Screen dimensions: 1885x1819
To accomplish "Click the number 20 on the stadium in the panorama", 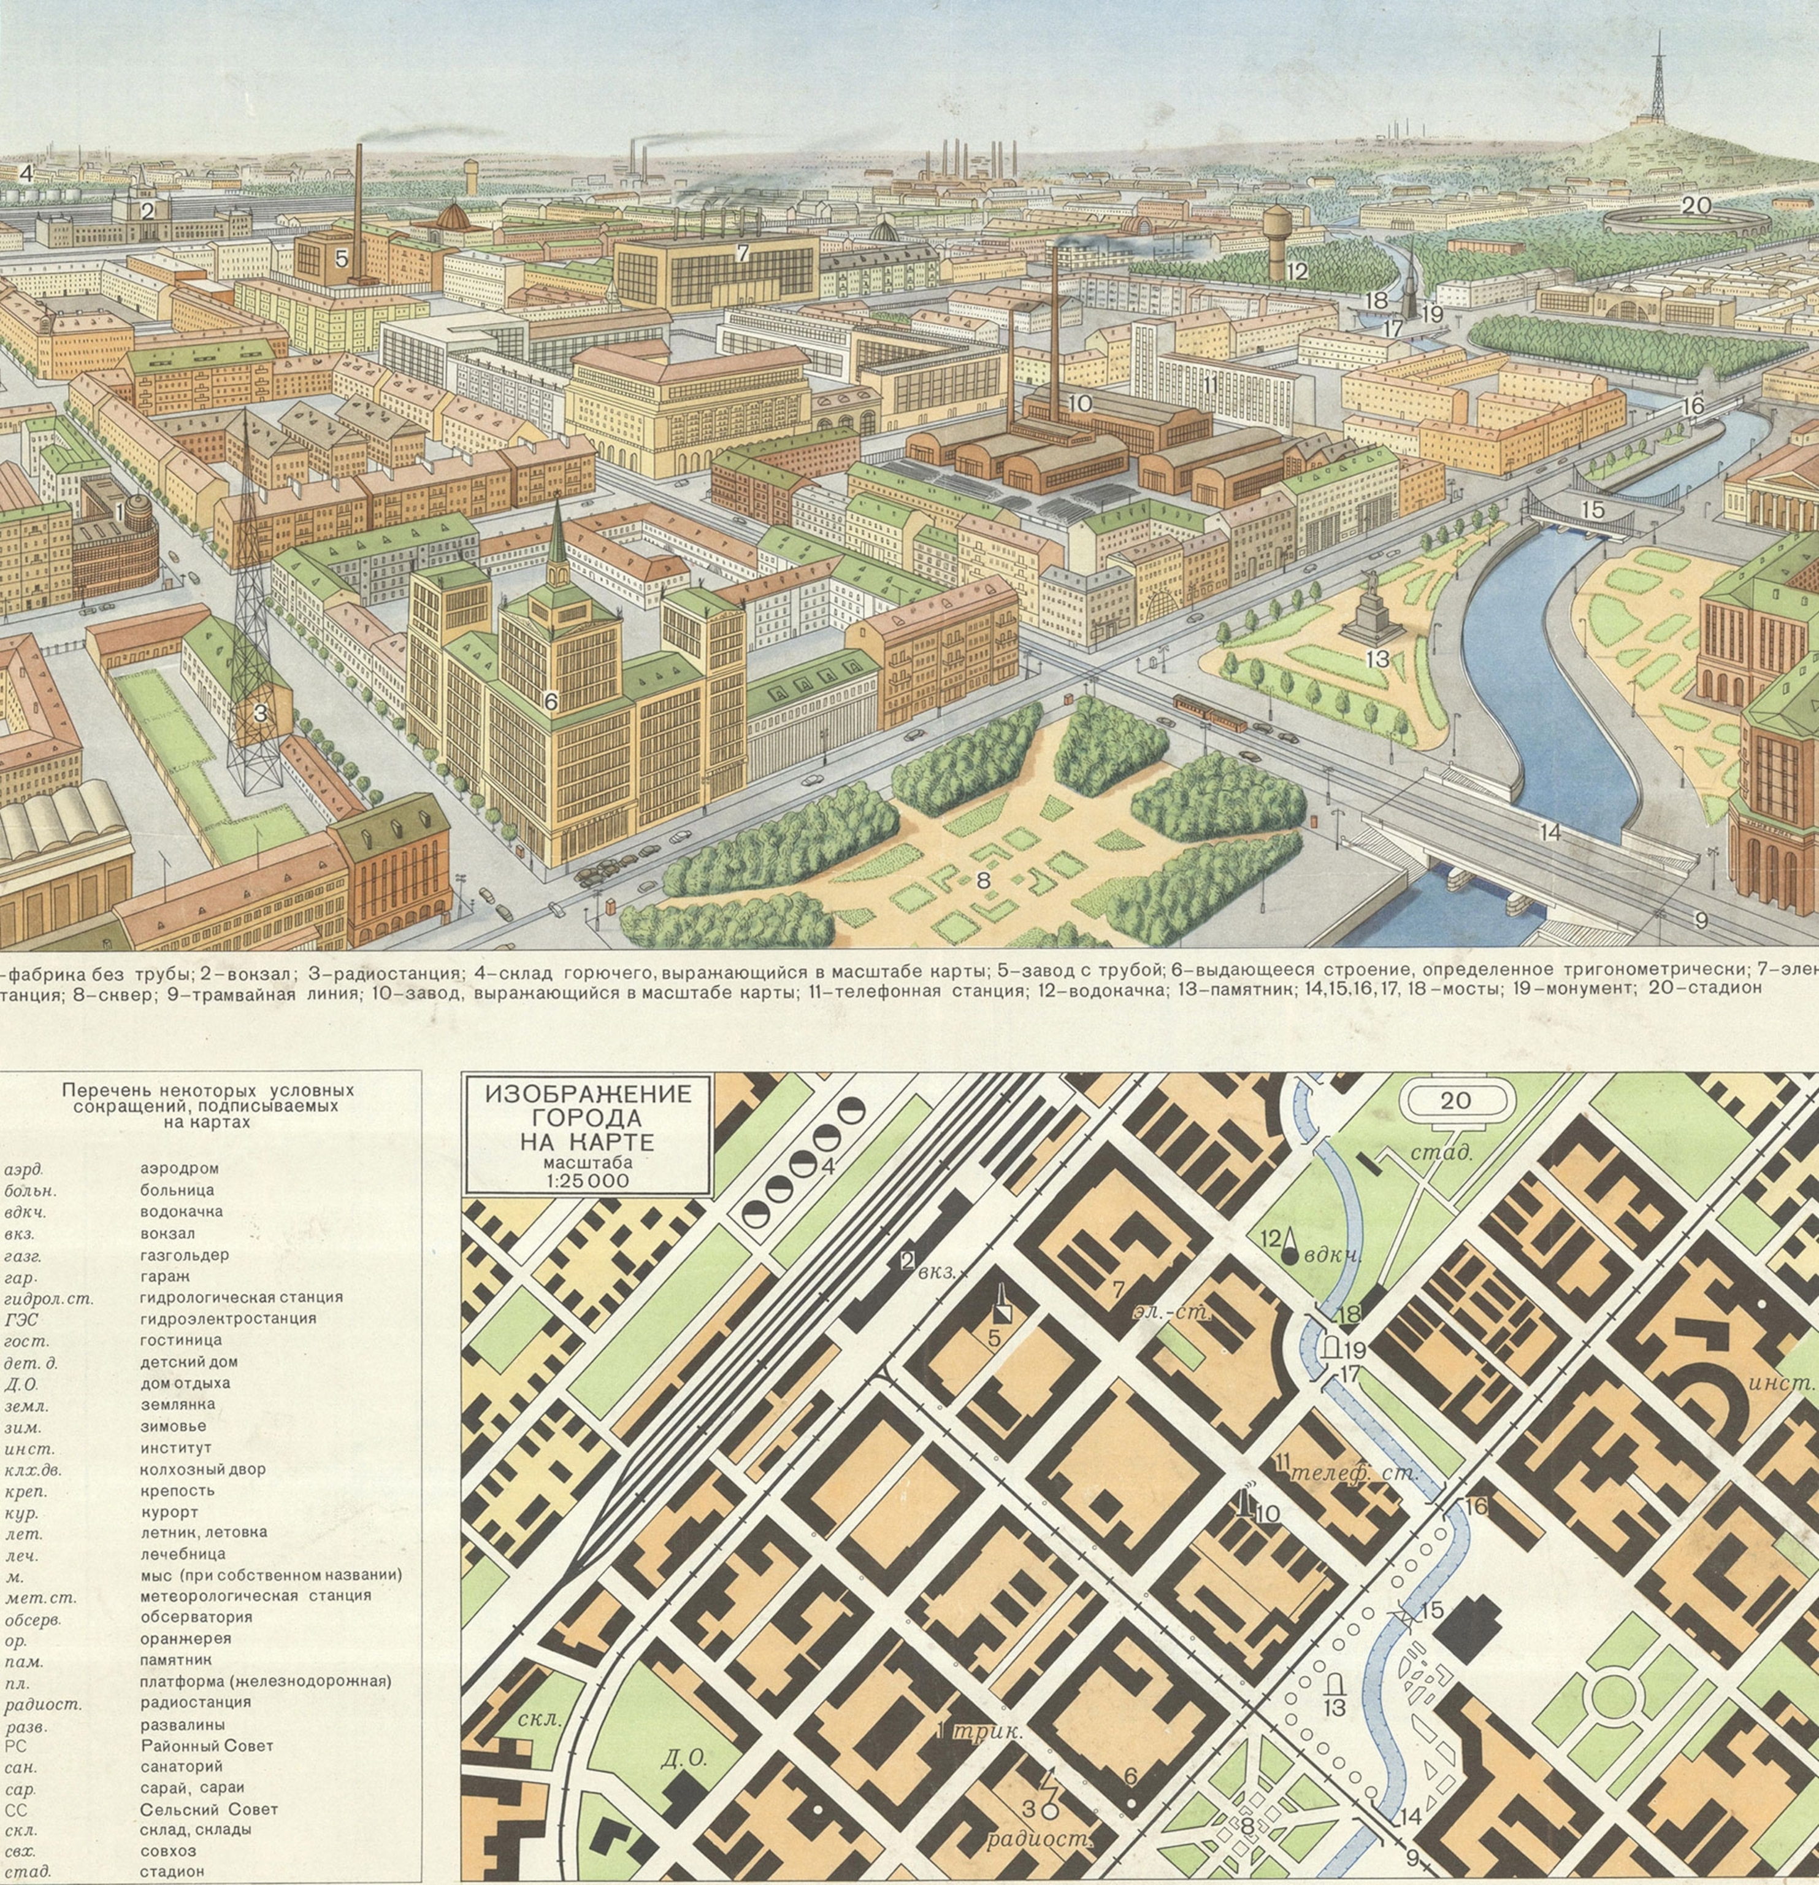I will pos(1696,205).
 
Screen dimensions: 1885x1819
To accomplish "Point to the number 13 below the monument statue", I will pos(1377,659).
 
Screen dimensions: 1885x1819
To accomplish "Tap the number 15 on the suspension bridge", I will pos(1593,511).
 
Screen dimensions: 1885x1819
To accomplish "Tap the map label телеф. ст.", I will pos(1353,1473).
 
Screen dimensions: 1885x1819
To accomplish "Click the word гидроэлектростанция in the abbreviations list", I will pos(228,1319).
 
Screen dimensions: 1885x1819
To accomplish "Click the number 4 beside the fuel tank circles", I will pos(827,1166).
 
